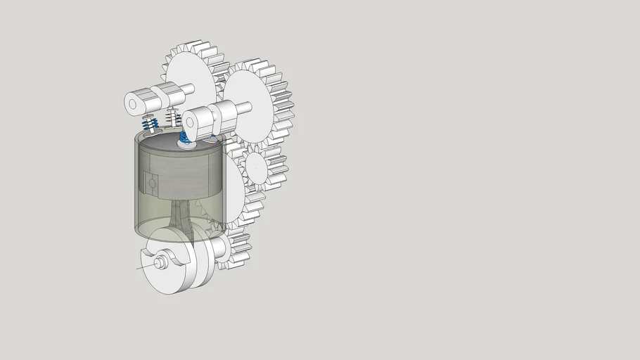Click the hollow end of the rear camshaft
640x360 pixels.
click(132, 103)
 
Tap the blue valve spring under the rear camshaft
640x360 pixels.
click(149, 124)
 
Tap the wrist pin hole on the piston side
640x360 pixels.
click(151, 184)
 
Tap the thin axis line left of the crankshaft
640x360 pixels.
click(144, 266)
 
